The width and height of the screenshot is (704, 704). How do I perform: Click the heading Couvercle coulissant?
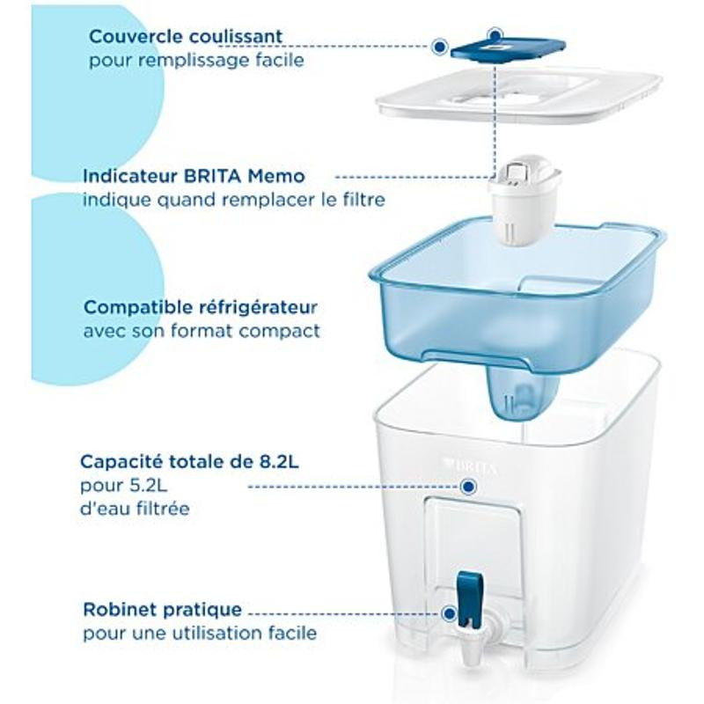tap(186, 36)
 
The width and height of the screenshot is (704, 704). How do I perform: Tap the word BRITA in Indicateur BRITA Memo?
tap(212, 175)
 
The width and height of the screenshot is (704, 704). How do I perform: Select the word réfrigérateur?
tap(258, 308)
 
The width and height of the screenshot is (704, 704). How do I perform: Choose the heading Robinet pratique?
tap(162, 610)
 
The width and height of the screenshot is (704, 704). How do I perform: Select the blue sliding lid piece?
tap(508, 48)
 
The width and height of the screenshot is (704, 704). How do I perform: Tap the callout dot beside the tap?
tap(448, 613)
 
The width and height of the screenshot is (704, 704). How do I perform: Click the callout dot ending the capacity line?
tap(469, 487)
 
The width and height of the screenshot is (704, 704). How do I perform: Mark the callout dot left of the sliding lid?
tap(440, 46)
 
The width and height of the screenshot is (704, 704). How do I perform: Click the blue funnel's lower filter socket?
tap(523, 391)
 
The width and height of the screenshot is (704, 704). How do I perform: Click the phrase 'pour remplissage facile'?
tap(196, 61)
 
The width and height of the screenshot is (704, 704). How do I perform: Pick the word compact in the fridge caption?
tap(279, 332)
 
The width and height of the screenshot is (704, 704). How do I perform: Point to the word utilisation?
tap(223, 633)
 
